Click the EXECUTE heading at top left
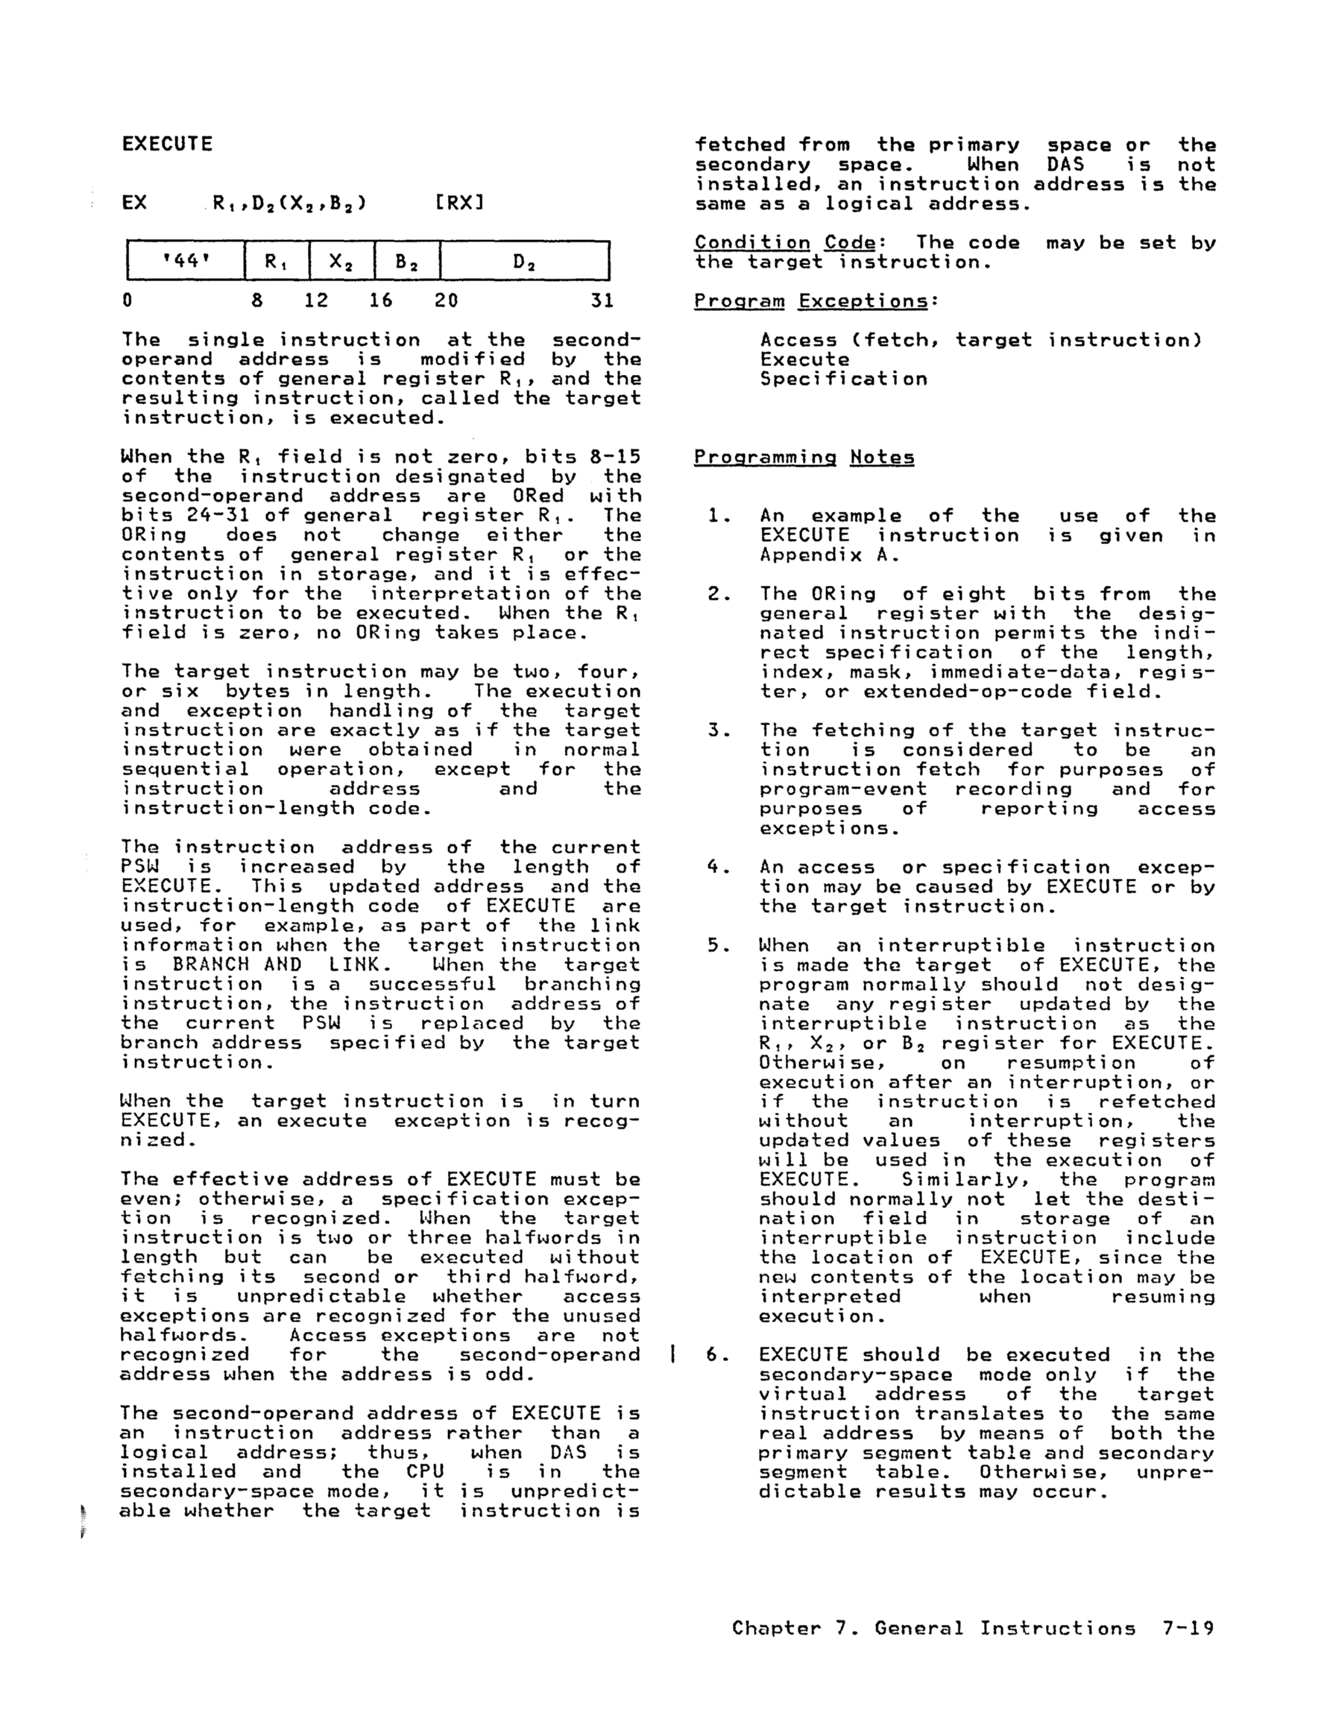point(167,144)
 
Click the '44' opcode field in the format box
point(186,260)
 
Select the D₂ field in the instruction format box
point(524,260)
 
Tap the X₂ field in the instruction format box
point(341,260)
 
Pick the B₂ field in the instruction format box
point(407,260)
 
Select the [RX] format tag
point(458,203)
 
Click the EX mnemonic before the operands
point(135,203)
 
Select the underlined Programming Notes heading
point(804,457)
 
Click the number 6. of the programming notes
point(718,1354)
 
